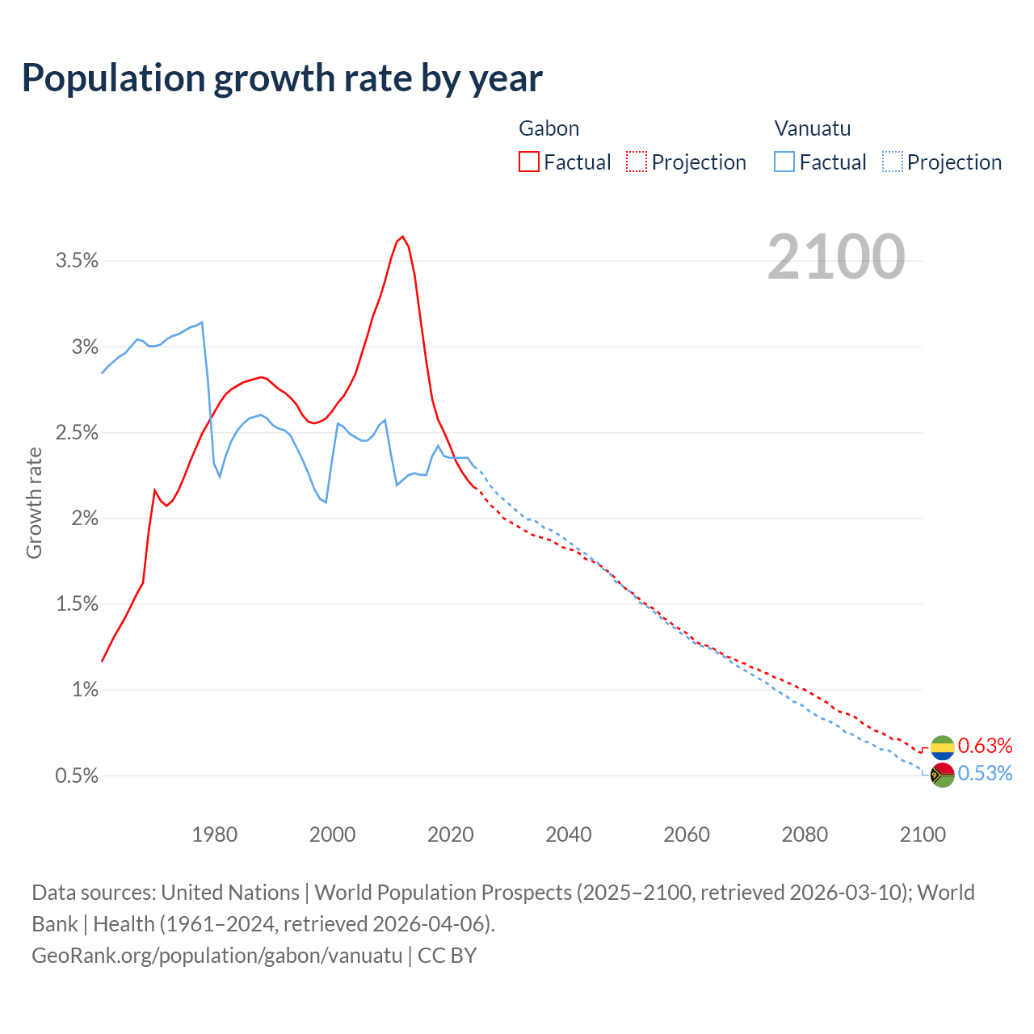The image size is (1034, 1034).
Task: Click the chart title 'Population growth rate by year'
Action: pyautogui.click(x=282, y=78)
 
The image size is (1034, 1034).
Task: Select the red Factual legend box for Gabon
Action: pyautogui.click(x=529, y=162)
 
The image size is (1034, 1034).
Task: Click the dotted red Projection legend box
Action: pyautogui.click(x=637, y=162)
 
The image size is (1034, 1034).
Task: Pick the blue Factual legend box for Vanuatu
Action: pyautogui.click(x=784, y=162)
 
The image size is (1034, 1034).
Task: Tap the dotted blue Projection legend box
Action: pyautogui.click(x=893, y=162)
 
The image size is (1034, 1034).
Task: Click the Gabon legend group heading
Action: pyautogui.click(x=549, y=128)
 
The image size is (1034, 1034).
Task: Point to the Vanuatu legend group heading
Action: pyautogui.click(x=812, y=128)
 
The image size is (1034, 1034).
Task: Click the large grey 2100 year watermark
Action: pyautogui.click(x=836, y=257)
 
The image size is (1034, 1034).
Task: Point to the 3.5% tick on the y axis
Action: pyautogui.click(x=77, y=261)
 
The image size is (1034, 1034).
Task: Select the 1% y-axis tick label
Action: pyautogui.click(x=85, y=690)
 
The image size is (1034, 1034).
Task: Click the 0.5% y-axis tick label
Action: pyautogui.click(x=77, y=776)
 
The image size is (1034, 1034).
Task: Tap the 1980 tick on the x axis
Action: pyautogui.click(x=215, y=834)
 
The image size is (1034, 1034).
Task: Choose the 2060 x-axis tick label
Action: pyautogui.click(x=687, y=834)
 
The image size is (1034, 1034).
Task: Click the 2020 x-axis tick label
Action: pyautogui.click(x=451, y=834)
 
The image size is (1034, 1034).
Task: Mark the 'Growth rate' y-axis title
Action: pyautogui.click(x=34, y=502)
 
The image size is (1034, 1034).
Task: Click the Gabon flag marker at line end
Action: pyautogui.click(x=943, y=748)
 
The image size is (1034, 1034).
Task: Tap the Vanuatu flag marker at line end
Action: pyautogui.click(x=943, y=775)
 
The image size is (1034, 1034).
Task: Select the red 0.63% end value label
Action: pyautogui.click(x=985, y=745)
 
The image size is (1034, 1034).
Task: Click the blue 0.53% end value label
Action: pyautogui.click(x=985, y=774)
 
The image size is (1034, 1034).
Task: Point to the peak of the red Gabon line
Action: pyautogui.click(x=402, y=237)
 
